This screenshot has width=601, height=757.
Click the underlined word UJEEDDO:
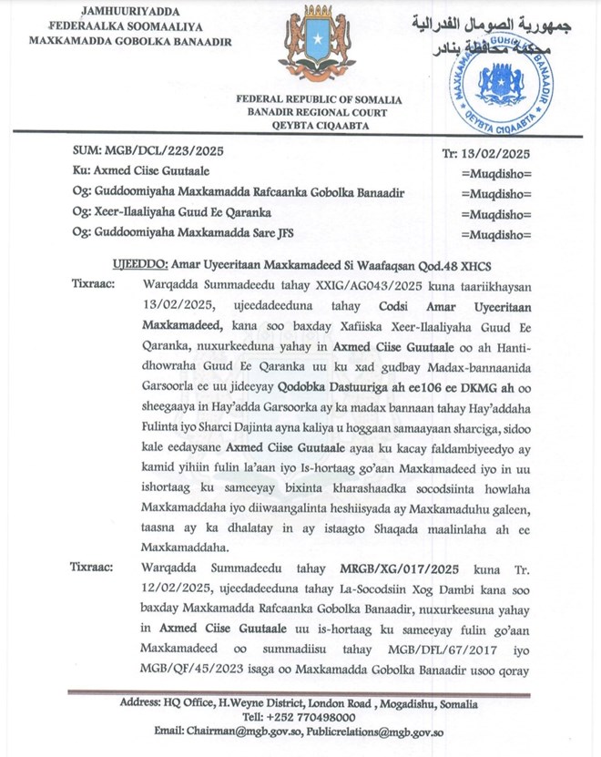click(139, 263)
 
